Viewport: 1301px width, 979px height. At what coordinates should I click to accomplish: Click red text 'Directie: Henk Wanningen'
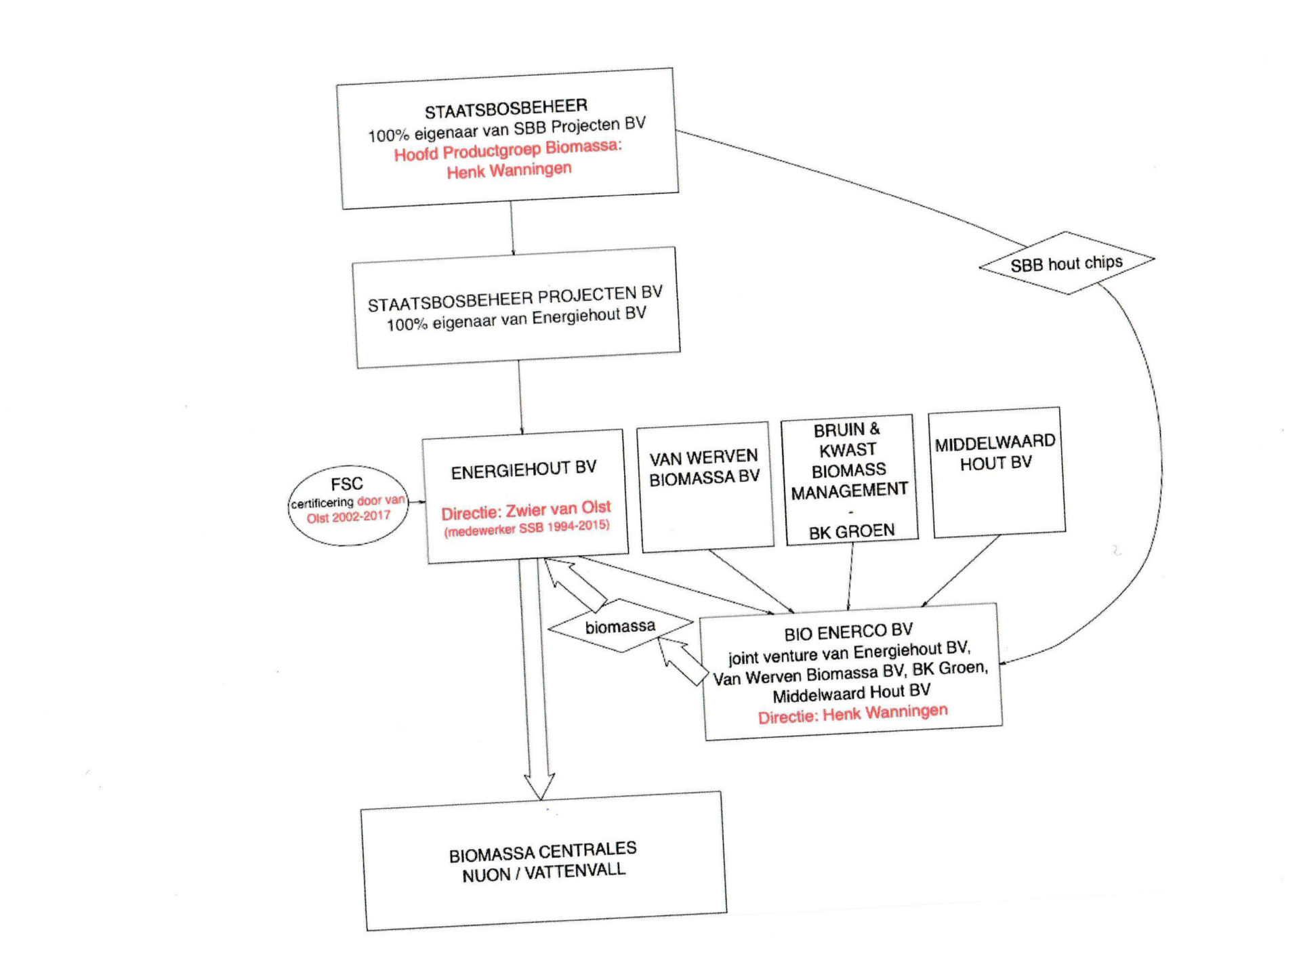point(852,713)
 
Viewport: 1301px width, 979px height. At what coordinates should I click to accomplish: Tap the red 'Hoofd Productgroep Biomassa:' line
point(508,150)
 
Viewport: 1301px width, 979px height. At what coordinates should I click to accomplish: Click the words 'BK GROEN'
point(852,531)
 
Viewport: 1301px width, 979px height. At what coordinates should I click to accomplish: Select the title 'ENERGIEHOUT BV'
point(524,470)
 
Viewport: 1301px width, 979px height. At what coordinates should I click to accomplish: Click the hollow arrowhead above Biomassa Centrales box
point(539,786)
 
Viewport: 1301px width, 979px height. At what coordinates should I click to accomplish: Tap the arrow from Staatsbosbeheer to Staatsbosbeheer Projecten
point(512,228)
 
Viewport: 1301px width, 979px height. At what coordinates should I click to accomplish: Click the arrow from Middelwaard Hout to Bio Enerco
point(959,571)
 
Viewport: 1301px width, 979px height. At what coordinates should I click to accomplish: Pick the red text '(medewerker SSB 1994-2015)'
point(526,528)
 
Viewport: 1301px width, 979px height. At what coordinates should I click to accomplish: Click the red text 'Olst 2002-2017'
point(348,517)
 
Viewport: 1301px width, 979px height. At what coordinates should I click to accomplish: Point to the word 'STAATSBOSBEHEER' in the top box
point(506,108)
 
